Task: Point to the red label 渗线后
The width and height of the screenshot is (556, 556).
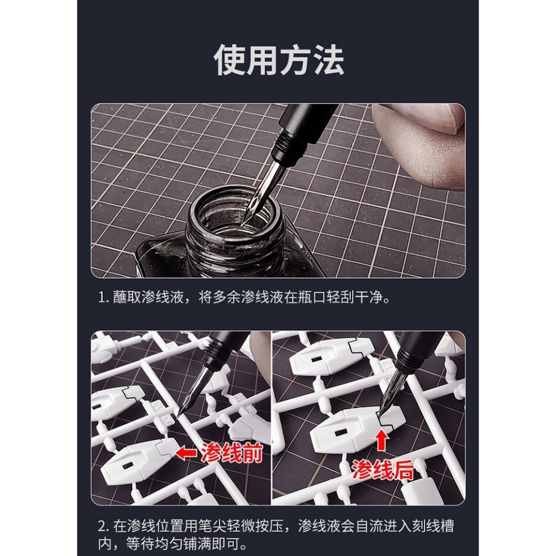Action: (x=383, y=471)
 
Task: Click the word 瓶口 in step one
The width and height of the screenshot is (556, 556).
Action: (x=316, y=297)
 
